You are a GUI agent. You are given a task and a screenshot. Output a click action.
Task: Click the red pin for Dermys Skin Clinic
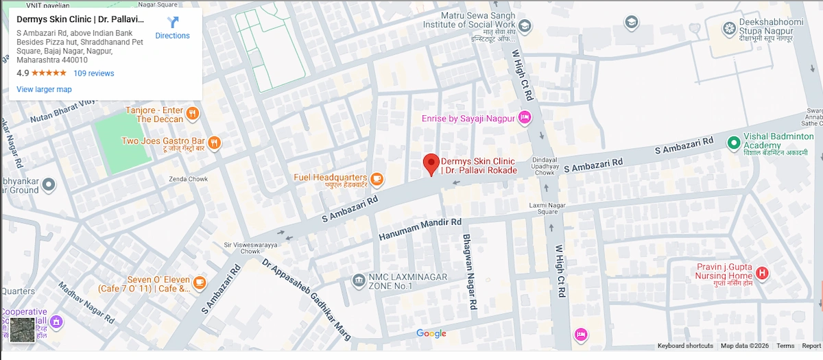pyautogui.click(x=431, y=164)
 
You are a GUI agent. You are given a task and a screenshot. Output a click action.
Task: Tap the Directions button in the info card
pyautogui.click(x=172, y=28)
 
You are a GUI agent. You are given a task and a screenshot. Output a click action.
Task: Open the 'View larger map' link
pyautogui.click(x=44, y=89)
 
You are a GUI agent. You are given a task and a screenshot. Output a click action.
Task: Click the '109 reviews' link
pyautogui.click(x=94, y=73)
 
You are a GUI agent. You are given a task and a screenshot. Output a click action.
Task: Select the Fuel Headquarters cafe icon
pyautogui.click(x=377, y=178)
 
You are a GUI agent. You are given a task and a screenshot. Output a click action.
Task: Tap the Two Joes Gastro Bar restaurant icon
pyautogui.click(x=215, y=142)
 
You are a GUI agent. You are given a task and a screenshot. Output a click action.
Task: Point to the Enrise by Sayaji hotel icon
pyautogui.click(x=525, y=118)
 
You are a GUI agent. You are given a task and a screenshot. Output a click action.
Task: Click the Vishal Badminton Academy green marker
pyautogui.click(x=733, y=142)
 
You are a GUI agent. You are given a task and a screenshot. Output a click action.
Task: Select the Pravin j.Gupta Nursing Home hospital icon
pyautogui.click(x=761, y=274)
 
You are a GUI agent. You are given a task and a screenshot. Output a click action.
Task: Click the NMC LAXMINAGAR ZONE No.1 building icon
pyautogui.click(x=358, y=280)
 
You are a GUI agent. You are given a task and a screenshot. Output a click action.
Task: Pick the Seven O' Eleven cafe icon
pyautogui.click(x=200, y=282)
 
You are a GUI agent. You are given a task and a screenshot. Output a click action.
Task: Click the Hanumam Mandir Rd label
pyautogui.click(x=420, y=229)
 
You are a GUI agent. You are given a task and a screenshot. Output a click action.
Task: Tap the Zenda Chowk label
pyautogui.click(x=188, y=180)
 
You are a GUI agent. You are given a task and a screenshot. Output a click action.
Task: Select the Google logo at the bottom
pyautogui.click(x=431, y=334)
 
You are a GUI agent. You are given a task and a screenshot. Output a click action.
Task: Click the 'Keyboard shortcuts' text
pyautogui.click(x=685, y=346)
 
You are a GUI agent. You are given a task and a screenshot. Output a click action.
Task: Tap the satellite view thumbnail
pyautogui.click(x=21, y=330)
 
